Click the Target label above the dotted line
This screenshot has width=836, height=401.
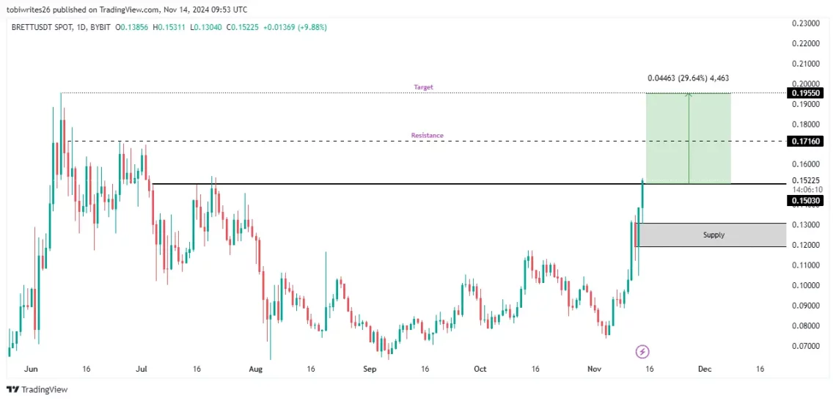423,87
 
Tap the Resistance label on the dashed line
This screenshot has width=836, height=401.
427,136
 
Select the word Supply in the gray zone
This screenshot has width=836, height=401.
713,235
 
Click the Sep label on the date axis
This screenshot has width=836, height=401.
370,369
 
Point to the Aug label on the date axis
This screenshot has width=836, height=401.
254,369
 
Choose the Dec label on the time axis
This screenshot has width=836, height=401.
704,369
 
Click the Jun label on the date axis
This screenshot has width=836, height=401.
30,369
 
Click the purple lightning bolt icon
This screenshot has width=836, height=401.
642,352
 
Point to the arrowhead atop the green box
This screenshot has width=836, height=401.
689,95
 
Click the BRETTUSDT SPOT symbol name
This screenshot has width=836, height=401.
40,27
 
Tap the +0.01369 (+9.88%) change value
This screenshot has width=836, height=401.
296,27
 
